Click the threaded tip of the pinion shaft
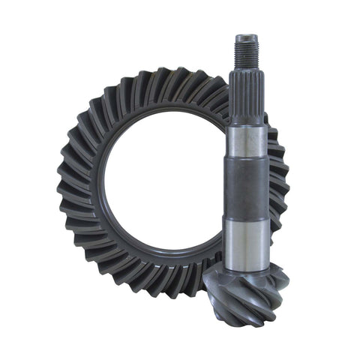(247, 53)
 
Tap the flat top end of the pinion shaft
(247, 36)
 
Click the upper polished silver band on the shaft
(247, 142)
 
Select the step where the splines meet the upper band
(247, 124)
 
